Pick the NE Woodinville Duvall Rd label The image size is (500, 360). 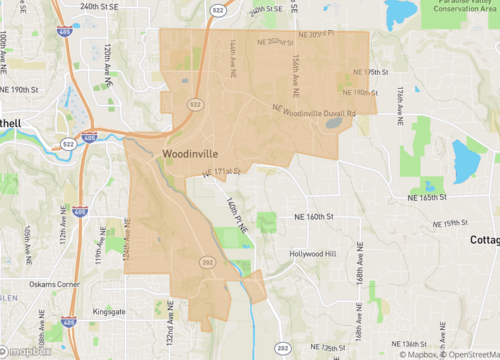tap(313, 109)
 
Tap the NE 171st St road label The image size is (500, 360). tap(221, 175)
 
